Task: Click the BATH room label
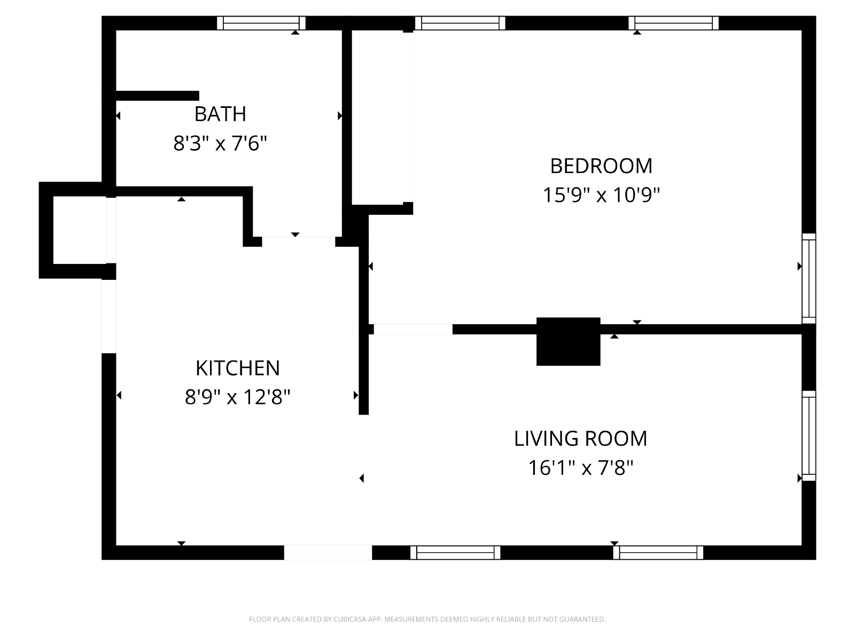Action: coord(220,114)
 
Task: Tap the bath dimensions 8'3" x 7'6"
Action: coord(220,143)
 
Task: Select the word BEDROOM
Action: coord(601,166)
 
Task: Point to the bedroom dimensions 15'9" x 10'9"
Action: coord(601,195)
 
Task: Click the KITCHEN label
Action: coord(238,368)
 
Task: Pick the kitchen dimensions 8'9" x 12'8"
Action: coord(238,397)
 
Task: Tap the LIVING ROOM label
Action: coord(580,439)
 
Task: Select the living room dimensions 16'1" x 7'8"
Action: coord(580,468)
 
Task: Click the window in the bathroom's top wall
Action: coord(261,23)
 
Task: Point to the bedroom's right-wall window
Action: coord(809,278)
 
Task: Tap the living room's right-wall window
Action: coord(809,436)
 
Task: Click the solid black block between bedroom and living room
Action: coord(569,341)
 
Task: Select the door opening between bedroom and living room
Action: coord(413,329)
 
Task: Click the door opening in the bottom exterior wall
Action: coord(328,553)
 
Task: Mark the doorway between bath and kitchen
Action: coord(298,241)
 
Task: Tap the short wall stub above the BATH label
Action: coord(157,96)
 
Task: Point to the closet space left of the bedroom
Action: coord(383,117)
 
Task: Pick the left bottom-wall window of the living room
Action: coord(455,553)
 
